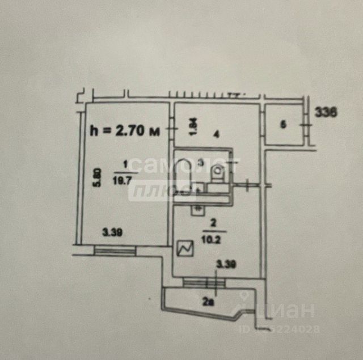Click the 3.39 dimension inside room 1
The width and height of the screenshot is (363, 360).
click(113, 231)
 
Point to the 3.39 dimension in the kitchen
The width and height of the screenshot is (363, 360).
click(226, 264)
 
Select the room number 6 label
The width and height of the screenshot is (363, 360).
click(283, 124)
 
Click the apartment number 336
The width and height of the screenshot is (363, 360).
click(326, 112)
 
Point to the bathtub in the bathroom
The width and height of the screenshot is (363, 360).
click(183, 176)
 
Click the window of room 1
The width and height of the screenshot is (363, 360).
click(116, 249)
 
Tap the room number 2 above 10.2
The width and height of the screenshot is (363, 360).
click(213, 222)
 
